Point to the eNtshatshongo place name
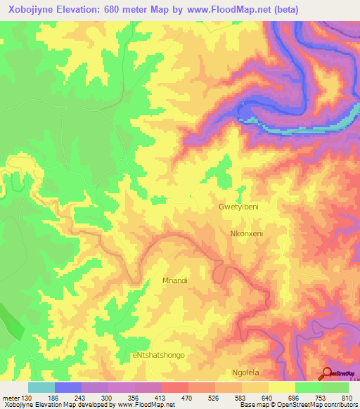(x=158, y=355)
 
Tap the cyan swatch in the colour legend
(x=41, y=387)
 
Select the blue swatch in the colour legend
(x=68, y=387)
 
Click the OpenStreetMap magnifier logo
(x=328, y=372)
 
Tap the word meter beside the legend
(x=10, y=397)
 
